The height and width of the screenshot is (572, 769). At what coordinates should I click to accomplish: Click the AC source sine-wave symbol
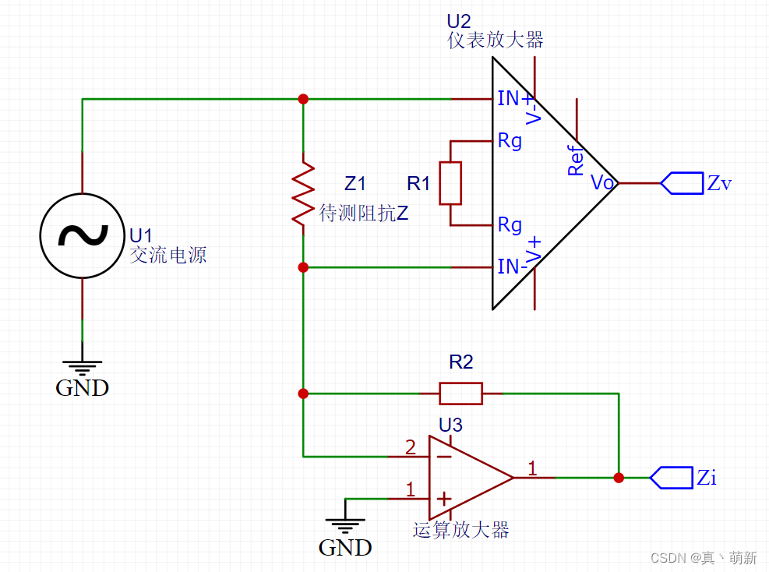click(82, 235)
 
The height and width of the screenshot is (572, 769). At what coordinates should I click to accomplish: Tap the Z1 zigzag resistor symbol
click(303, 193)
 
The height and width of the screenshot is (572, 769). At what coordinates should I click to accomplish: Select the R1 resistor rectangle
click(450, 183)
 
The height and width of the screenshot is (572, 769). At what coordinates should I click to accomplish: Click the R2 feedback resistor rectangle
click(460, 394)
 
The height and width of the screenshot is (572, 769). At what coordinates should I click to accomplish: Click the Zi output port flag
click(670, 478)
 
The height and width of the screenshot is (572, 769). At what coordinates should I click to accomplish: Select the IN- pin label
click(512, 267)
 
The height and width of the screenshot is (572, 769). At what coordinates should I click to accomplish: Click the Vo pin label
click(603, 183)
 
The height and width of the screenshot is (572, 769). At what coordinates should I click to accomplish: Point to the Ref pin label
click(575, 161)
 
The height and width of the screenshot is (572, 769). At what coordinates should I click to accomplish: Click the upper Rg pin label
click(510, 141)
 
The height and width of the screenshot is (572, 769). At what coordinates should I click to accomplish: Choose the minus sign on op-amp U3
click(443, 456)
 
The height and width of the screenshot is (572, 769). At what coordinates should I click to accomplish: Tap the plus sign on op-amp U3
click(443, 498)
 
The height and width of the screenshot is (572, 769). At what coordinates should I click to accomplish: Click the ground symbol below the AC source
click(82, 365)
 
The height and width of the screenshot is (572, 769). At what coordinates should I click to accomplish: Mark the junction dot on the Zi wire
click(619, 478)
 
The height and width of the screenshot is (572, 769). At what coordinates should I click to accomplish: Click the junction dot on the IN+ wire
click(303, 99)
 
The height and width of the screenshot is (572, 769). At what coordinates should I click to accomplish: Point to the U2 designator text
click(460, 21)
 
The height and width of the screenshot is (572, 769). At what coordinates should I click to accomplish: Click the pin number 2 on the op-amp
click(411, 447)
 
